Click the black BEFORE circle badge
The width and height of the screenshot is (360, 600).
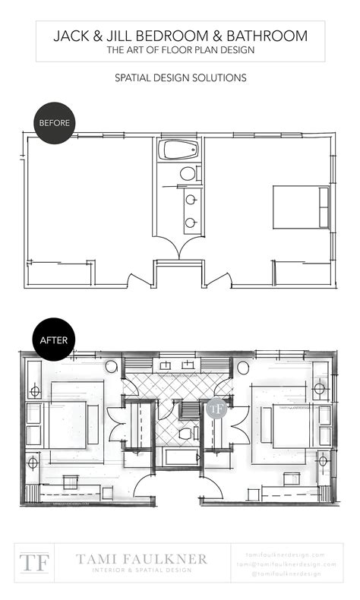point(54,122)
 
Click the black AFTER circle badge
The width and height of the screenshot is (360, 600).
point(54,339)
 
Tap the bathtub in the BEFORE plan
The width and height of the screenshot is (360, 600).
point(178,150)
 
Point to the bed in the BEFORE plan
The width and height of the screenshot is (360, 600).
point(301,207)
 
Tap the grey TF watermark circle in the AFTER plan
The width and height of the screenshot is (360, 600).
point(217,408)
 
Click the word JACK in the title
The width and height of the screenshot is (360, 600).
point(73,36)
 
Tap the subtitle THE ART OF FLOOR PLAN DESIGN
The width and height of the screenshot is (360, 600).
point(180,50)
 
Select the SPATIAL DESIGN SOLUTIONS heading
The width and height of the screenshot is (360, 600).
point(180,77)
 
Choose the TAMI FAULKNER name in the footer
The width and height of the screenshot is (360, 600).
point(141,558)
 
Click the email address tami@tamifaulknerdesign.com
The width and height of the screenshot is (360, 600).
point(286,564)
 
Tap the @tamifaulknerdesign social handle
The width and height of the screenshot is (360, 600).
point(286,573)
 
